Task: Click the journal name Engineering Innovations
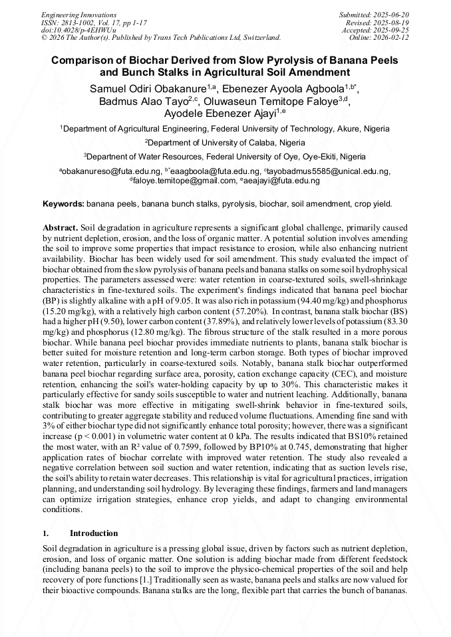78,15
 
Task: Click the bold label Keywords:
63,204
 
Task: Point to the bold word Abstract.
61,227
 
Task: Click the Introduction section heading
93,533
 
